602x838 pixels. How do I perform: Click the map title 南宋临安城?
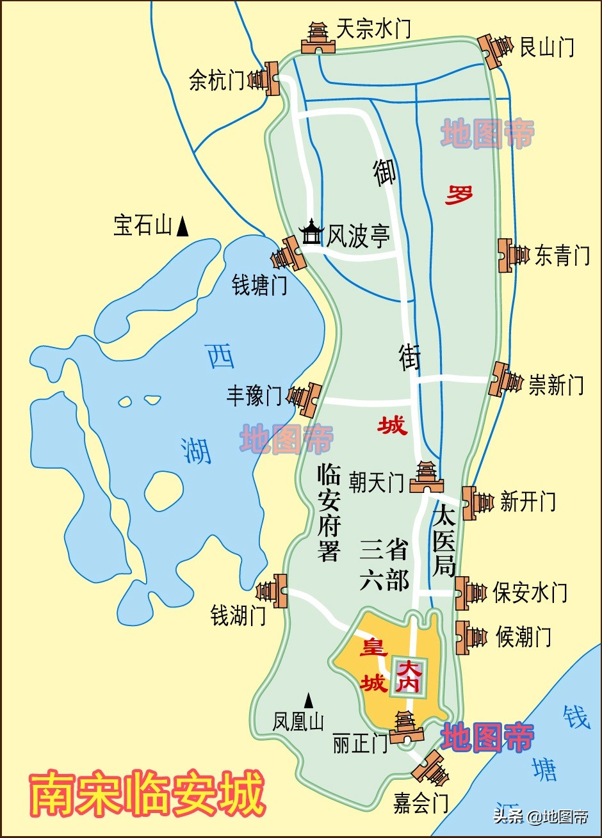click(148, 794)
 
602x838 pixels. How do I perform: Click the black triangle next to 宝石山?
click(183, 225)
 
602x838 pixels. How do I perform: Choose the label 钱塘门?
click(259, 286)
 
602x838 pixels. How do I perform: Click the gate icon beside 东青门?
click(512, 255)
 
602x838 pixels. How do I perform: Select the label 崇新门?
click(556, 385)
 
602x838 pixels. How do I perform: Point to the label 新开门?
click(528, 501)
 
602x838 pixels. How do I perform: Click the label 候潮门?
click(523, 637)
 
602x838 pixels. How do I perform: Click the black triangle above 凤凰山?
click(309, 700)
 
